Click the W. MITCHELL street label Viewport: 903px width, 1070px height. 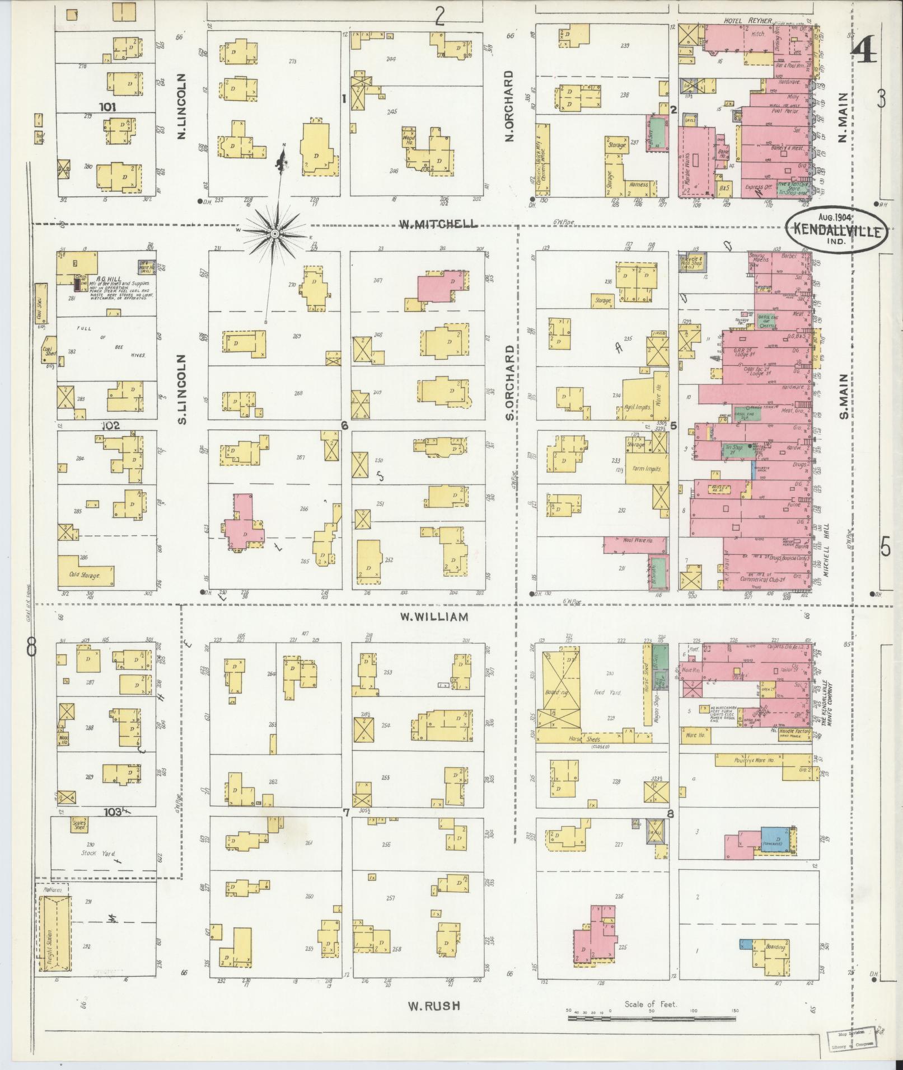coord(438,224)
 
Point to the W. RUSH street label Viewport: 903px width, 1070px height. coord(434,1006)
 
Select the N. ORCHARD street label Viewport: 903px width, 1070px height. coord(509,106)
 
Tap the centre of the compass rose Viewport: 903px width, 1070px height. coord(275,233)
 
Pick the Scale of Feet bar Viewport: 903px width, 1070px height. coord(652,1018)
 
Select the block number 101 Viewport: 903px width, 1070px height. coord(107,107)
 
